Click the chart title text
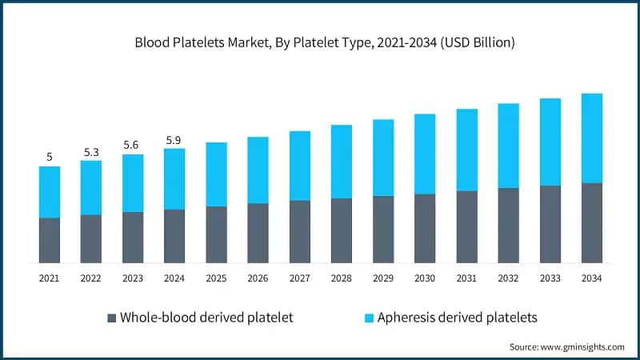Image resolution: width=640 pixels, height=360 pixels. [319, 42]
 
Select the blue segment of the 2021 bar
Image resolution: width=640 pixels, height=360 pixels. [50, 192]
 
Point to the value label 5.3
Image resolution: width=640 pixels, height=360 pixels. [91, 151]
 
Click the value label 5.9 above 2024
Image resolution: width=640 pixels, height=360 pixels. [174, 140]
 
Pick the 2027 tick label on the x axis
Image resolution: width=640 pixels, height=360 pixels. [299, 278]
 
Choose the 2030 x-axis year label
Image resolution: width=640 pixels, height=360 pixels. [424, 278]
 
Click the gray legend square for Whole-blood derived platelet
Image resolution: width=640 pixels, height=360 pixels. [111, 318]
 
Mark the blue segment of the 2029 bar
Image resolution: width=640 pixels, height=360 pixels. [383, 158]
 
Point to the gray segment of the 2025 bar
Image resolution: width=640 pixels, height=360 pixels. [216, 234]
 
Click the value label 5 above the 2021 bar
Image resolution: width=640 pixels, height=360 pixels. [50, 158]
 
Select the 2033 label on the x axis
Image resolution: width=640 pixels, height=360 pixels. [550, 278]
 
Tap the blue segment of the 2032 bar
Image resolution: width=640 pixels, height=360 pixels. [508, 146]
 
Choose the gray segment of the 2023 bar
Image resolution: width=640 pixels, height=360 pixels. [133, 237]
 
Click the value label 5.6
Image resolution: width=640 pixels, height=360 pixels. [133, 146]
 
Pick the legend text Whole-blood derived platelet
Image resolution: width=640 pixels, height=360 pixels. [206, 318]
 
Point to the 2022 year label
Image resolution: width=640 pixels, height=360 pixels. [91, 278]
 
